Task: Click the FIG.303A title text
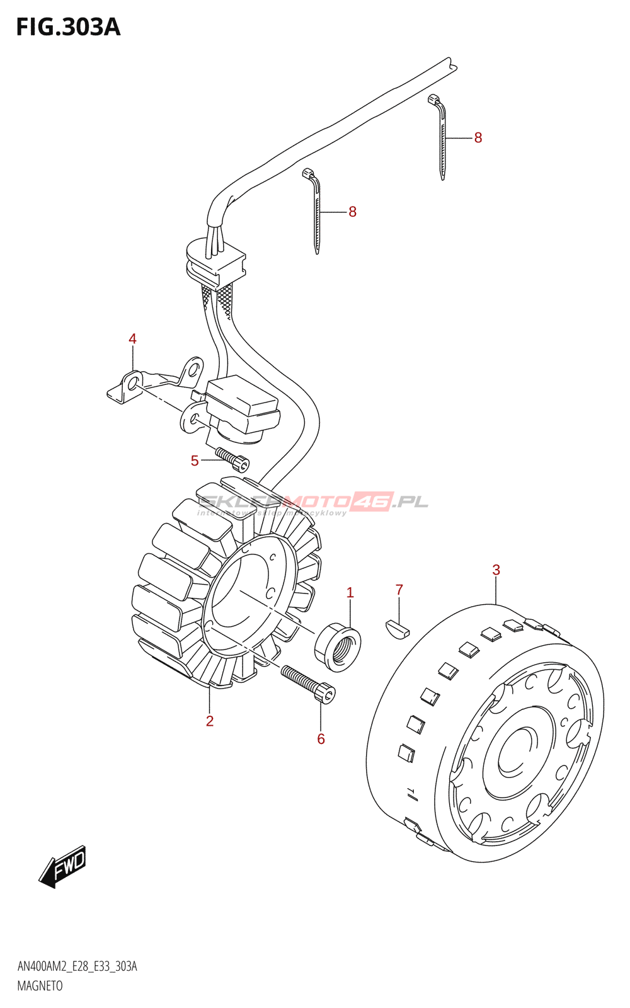coord(68,27)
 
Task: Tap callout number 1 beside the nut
coord(350,593)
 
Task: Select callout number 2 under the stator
coord(210,721)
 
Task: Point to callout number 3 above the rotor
coord(496,570)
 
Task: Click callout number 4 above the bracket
coord(132,339)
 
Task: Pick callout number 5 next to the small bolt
coord(195,461)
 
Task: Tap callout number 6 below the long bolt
coord(321,739)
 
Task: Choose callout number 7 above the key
coord(399,590)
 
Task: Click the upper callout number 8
coord(478,138)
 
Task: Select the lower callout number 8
coord(352,212)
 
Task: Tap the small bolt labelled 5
coord(232,459)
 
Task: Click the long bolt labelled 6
coord(308,683)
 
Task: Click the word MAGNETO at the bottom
coord(40,986)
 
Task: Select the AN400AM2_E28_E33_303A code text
coord(77,966)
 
